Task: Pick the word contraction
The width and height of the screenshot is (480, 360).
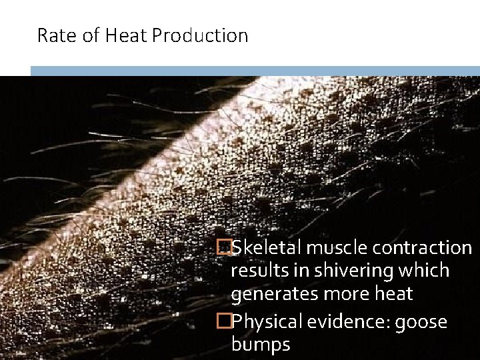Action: click(423, 248)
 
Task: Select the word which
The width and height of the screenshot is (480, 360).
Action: click(425, 271)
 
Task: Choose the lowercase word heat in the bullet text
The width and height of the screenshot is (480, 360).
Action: click(389, 294)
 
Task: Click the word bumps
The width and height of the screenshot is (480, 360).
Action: click(260, 345)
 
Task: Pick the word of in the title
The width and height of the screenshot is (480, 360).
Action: click(93, 35)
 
